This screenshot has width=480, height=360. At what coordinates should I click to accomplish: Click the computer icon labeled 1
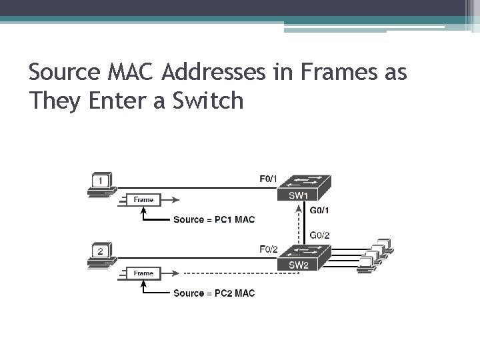101,185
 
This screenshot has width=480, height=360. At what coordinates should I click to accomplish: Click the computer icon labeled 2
101,257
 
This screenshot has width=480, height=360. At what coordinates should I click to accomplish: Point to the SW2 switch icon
304,257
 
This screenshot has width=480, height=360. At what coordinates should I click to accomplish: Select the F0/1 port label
268,178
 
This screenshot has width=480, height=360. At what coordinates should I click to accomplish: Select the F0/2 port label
268,249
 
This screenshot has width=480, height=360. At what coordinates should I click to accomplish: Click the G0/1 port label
320,210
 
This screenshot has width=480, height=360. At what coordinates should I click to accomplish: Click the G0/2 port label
320,234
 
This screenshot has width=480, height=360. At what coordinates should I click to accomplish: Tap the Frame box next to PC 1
143,199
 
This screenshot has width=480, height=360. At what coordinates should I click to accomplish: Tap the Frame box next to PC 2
143,273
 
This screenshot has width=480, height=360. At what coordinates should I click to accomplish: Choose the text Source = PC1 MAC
213,219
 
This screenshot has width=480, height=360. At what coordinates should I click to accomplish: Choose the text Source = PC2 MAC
213,293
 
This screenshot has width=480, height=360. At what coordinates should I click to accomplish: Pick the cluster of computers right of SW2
375,255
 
